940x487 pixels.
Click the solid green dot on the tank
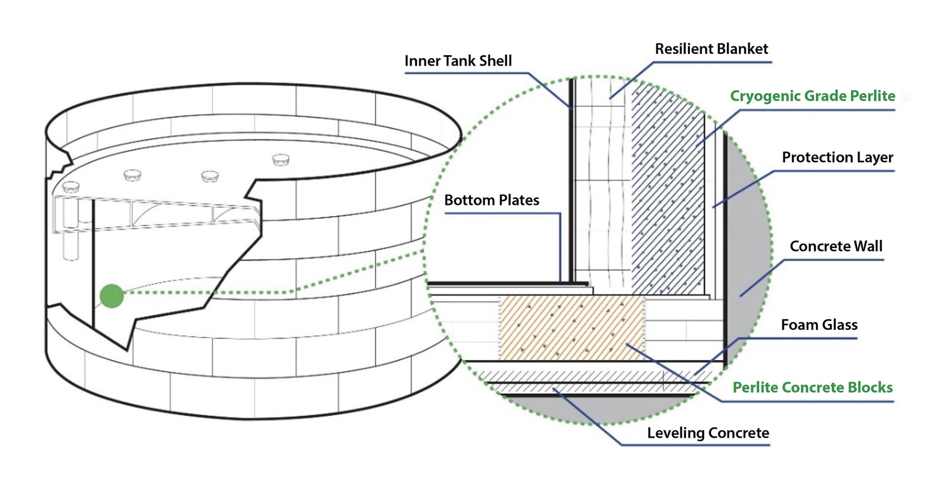[x=112, y=296]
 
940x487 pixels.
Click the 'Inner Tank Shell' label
[x=458, y=61]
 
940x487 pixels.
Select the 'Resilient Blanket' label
[x=711, y=49]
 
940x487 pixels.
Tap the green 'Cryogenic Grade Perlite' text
[x=812, y=96]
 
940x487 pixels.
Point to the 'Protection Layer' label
[x=837, y=157]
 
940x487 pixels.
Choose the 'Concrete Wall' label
[x=836, y=246]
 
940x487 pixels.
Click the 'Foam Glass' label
[x=819, y=325]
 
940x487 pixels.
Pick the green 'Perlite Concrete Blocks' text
[x=812, y=387]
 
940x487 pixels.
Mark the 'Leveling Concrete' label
[x=708, y=433]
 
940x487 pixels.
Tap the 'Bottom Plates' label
[x=492, y=200]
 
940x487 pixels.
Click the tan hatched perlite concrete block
[x=571, y=328]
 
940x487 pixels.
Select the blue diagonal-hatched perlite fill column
[x=668, y=193]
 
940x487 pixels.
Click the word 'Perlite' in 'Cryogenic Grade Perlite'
[x=872, y=96]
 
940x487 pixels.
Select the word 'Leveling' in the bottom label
[x=676, y=433]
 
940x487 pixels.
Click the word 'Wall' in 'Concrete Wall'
[x=867, y=246]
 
